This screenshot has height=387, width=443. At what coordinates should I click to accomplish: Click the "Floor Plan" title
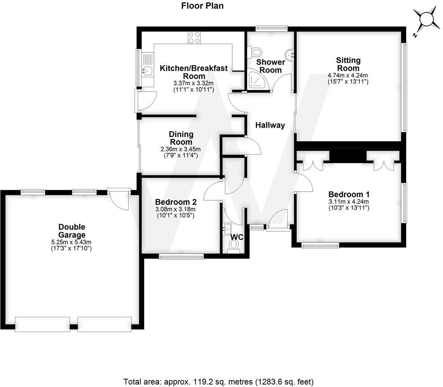click(202, 6)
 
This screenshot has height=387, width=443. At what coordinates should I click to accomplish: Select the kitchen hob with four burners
click(194, 38)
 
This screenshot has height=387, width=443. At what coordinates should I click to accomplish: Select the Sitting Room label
click(348, 64)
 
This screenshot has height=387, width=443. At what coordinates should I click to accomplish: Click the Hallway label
click(270, 125)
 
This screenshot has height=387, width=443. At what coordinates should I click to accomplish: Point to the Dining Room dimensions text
click(181, 152)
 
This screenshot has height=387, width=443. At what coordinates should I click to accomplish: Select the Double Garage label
click(71, 231)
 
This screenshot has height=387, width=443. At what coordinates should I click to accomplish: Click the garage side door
click(118, 198)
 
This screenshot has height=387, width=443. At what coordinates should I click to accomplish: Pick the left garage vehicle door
click(42, 324)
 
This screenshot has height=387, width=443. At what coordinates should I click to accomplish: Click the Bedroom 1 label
click(349, 194)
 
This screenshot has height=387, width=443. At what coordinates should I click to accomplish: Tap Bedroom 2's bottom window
click(181, 256)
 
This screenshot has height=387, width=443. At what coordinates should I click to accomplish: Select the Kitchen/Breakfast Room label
click(194, 72)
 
